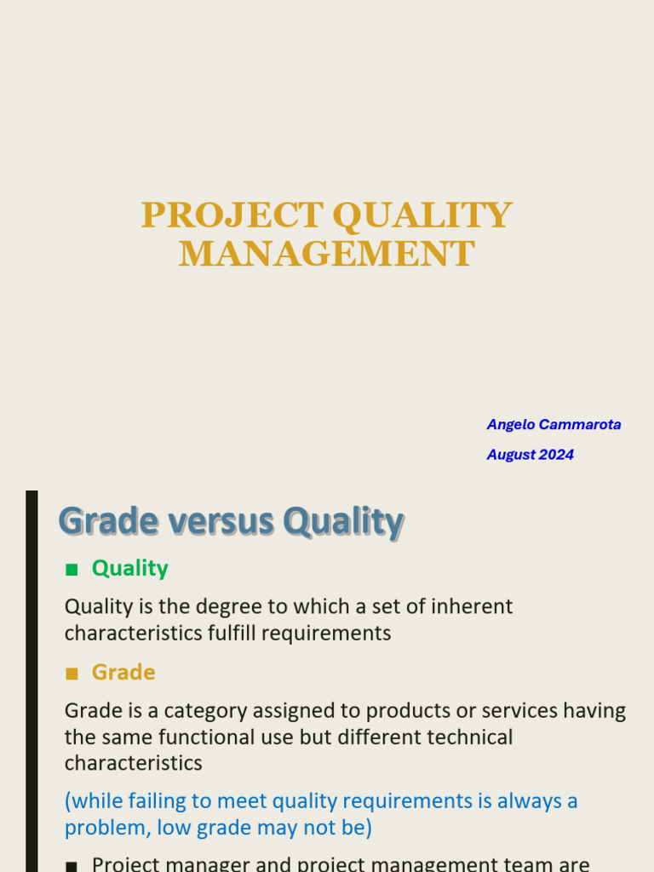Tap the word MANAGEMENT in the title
tap(326, 254)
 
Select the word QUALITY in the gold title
tap(422, 215)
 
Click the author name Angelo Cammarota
tap(554, 424)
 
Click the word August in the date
tap(510, 455)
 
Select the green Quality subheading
tap(129, 568)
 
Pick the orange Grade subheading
tap(123, 672)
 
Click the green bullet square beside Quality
tap(72, 569)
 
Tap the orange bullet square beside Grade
tap(72, 673)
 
